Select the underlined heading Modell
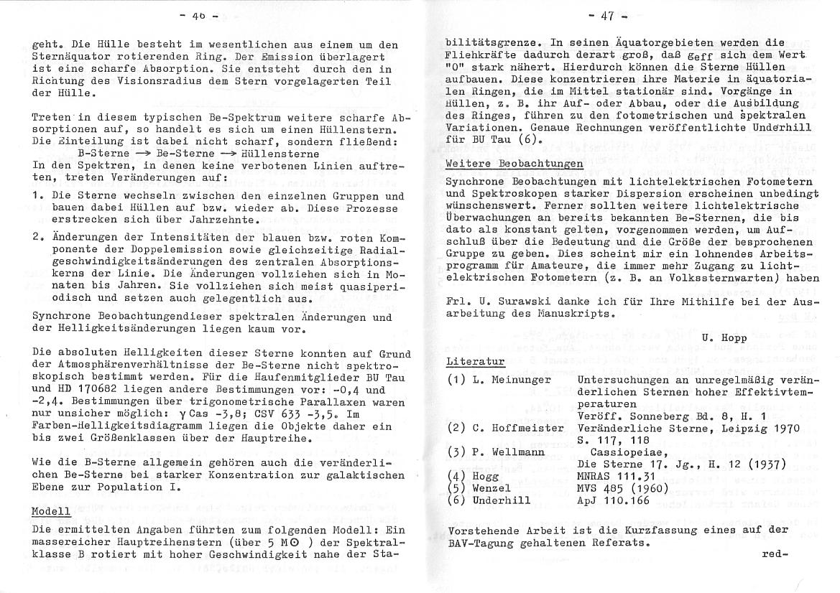click(51, 511)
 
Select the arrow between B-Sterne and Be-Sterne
click(144, 153)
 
